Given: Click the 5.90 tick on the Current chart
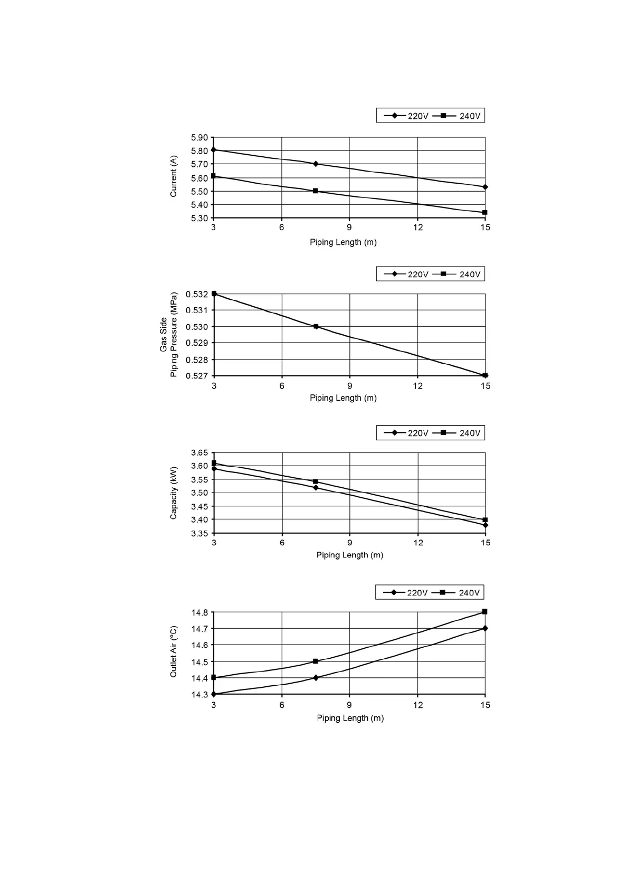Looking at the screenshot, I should [x=200, y=138].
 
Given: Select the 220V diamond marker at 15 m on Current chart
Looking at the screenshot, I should [x=485, y=187].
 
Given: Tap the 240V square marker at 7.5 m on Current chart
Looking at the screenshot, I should [x=316, y=191].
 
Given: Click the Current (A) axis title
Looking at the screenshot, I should [x=174, y=176].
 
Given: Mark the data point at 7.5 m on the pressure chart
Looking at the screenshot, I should [x=316, y=326].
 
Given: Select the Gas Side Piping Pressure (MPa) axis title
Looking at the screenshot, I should [x=169, y=335].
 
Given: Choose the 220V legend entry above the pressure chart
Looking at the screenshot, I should [x=406, y=274].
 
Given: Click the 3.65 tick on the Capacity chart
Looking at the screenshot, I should [x=200, y=453].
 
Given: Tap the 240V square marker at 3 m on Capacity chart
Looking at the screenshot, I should [x=214, y=463].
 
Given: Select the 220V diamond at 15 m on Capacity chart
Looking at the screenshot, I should [x=485, y=525].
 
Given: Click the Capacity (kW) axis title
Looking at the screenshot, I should [x=174, y=493].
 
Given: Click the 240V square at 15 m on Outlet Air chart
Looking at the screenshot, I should [x=485, y=611].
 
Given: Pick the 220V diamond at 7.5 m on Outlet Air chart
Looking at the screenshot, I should [x=316, y=677].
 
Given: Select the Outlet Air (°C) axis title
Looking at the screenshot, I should [x=174, y=652].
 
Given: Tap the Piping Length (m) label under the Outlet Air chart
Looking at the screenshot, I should [x=350, y=718].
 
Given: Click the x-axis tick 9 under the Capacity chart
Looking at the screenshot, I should [x=350, y=543].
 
